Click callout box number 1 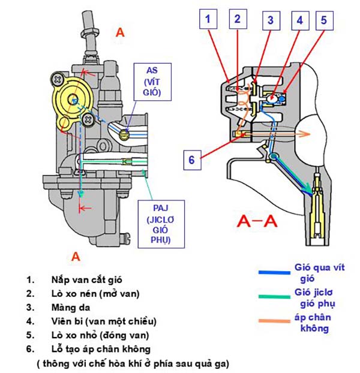pyautogui.click(x=208, y=20)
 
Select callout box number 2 pyautogui.click(x=238, y=20)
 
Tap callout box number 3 pyautogui.click(x=271, y=20)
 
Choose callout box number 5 pyautogui.click(x=323, y=20)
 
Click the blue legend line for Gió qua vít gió pyautogui.click(x=275, y=272)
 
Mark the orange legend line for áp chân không pyautogui.click(x=275, y=322)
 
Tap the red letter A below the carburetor pyautogui.click(x=76, y=257)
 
